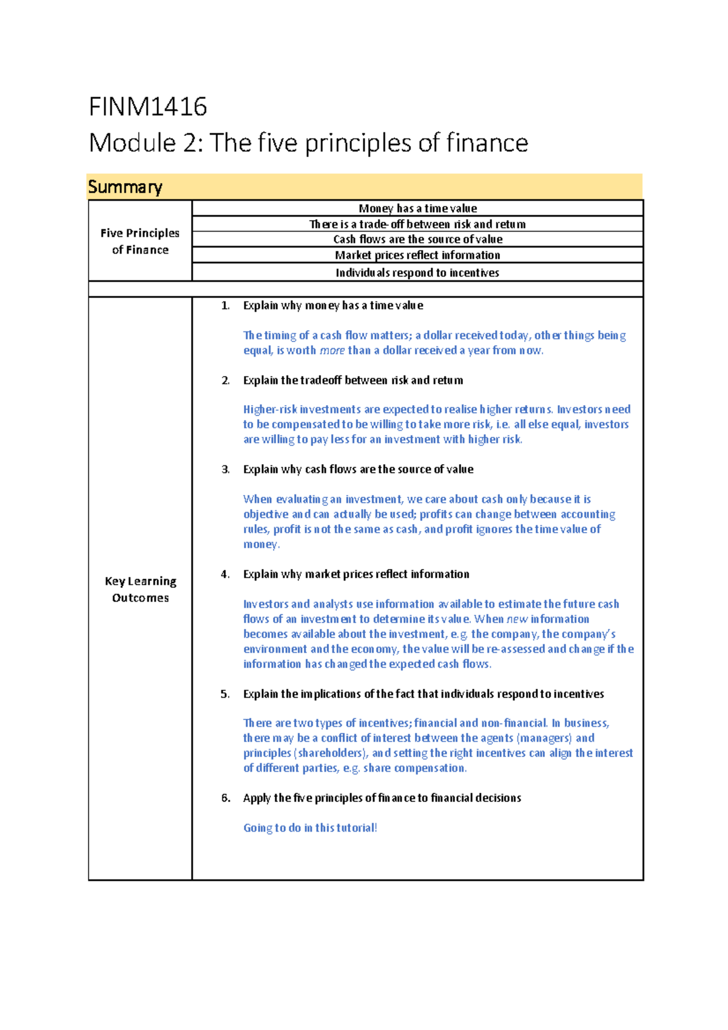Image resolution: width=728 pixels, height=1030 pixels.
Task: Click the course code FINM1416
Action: [x=148, y=107]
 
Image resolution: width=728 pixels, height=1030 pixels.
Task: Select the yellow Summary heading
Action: [x=125, y=187]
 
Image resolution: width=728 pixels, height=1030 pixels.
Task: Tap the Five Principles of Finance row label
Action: [x=140, y=241]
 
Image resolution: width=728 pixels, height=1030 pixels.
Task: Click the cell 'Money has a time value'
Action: [x=417, y=208]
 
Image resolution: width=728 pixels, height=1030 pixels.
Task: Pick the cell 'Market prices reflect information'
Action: [x=417, y=255]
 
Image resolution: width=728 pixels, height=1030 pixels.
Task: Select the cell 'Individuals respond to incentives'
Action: [x=417, y=272]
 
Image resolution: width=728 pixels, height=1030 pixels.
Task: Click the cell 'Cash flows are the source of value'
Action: [x=417, y=239]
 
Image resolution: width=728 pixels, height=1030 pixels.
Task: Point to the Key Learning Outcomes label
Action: [x=140, y=589]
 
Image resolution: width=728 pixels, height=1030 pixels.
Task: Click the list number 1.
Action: [x=225, y=306]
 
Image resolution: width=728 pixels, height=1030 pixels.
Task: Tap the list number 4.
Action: [x=225, y=574]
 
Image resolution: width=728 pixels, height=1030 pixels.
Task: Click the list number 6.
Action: [x=225, y=798]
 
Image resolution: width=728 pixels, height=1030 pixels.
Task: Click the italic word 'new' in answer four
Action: [x=517, y=619]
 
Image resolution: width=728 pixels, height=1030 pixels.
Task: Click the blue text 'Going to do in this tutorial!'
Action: [x=310, y=828]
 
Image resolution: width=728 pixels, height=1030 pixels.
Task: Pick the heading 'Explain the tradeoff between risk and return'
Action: [x=353, y=380]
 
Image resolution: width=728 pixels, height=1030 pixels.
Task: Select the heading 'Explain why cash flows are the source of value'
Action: [x=358, y=470]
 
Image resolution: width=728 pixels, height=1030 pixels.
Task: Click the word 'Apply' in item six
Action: [x=257, y=798]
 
